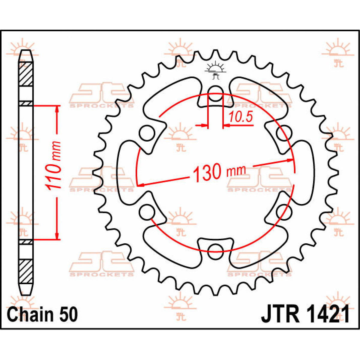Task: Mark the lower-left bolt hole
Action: click(x=147, y=212)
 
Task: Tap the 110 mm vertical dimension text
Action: click(x=54, y=165)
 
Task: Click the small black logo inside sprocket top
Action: click(x=215, y=70)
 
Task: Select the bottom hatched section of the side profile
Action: click(x=26, y=271)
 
